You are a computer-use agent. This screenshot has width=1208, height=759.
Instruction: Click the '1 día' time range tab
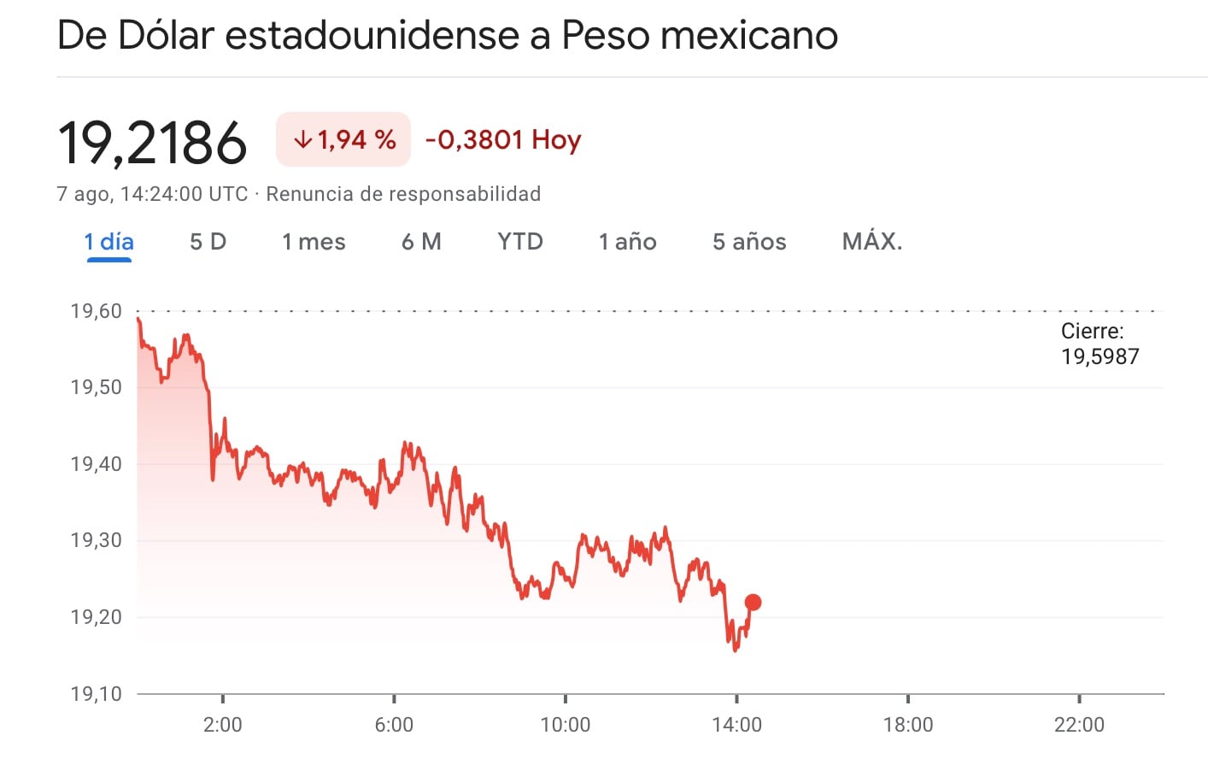[x=108, y=242]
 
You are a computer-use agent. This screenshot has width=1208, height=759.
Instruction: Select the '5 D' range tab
[x=208, y=242]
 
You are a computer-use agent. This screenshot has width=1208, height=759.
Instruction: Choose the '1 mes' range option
[x=314, y=242]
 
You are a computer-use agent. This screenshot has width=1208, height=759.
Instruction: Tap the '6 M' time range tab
[x=421, y=242]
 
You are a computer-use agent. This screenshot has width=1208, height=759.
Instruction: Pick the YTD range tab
[x=519, y=242]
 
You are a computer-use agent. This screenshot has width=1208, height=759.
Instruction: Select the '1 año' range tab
[x=627, y=242]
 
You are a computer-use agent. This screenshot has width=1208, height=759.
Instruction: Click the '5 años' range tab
[x=749, y=242]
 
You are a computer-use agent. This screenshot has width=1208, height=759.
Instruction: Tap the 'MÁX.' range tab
[x=871, y=242]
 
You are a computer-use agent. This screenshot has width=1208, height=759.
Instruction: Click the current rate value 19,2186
[x=152, y=142]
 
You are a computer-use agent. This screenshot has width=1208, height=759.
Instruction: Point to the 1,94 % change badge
[x=343, y=139]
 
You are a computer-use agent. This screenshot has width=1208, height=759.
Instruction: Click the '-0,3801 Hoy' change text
[x=502, y=139]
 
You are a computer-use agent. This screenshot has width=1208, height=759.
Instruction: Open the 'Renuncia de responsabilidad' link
[x=403, y=194]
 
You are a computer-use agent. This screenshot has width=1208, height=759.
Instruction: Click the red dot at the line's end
[x=753, y=603]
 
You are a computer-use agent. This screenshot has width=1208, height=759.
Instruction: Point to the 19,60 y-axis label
[x=96, y=311]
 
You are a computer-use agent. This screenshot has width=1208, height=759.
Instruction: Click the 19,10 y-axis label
[x=96, y=693]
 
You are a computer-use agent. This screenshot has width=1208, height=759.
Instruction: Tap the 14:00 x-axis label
[x=736, y=725]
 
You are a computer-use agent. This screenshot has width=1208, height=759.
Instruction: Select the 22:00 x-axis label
[x=1079, y=725]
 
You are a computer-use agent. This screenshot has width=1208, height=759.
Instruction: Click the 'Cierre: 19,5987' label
[x=1100, y=344]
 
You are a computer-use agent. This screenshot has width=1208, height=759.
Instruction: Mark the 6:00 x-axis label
[x=394, y=725]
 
